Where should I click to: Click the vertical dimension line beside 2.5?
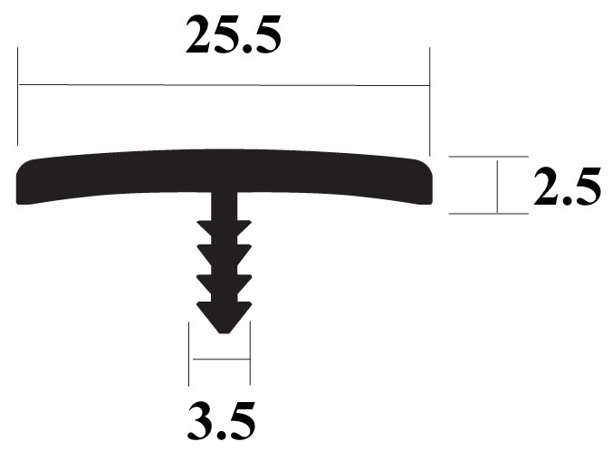click(x=497, y=186)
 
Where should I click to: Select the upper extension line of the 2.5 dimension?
click(x=489, y=157)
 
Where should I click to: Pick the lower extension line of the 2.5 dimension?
click(x=489, y=215)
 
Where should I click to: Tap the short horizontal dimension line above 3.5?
click(x=220, y=360)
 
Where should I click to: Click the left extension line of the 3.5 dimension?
click(x=190, y=353)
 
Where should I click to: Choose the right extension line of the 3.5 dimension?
click(x=250, y=353)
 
